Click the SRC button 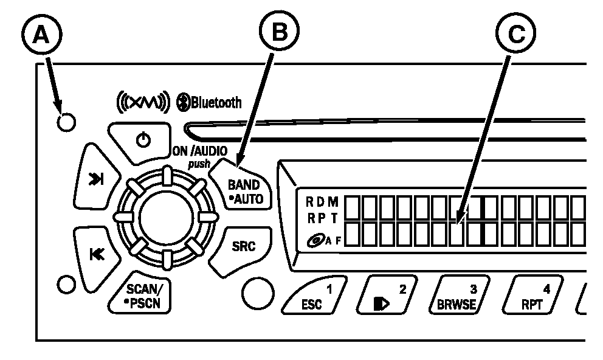(243, 246)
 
